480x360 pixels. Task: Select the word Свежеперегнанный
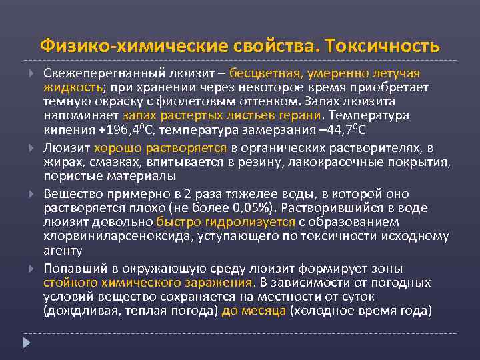pos(99,72)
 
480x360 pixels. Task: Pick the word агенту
pos(63,250)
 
